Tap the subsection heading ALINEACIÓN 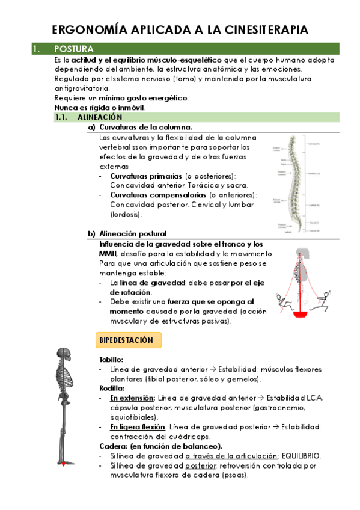click(x=100, y=117)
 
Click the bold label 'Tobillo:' click(x=111, y=359)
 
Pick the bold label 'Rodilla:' click(x=112, y=389)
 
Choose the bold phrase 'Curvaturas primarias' click(x=145, y=176)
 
